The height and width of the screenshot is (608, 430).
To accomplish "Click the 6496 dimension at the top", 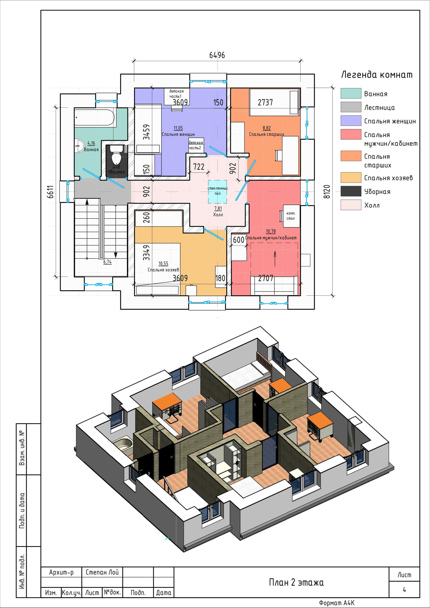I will coord(217,55).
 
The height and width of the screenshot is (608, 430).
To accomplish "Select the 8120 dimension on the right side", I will coord(327,192).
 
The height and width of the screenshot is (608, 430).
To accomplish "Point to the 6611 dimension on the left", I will coord(50,192).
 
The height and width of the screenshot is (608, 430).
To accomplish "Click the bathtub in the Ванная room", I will coord(94,118).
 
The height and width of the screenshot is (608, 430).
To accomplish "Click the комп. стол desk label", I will coord(291,216).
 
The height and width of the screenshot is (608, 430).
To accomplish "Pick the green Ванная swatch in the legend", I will coord(351,93).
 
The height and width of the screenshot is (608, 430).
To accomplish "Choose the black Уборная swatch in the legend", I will coord(351,191).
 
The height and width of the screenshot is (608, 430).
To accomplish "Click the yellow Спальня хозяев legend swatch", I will coord(351,178).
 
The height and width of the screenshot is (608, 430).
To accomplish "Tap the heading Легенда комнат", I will coord(377,75).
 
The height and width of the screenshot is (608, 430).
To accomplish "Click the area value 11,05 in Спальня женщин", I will coord(178,128).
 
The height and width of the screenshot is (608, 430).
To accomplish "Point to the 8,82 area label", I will coord(266,128).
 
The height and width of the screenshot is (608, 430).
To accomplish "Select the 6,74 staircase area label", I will coord(107,262).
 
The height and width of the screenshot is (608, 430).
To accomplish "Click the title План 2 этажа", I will coord(296,582).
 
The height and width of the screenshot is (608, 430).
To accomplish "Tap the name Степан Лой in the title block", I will coord(102,572).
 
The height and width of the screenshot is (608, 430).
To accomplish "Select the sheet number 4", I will coord(404,590).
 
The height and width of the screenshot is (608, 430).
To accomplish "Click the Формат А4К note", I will coord(337,603).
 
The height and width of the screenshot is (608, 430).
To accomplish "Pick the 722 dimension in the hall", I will coord(199,167).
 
